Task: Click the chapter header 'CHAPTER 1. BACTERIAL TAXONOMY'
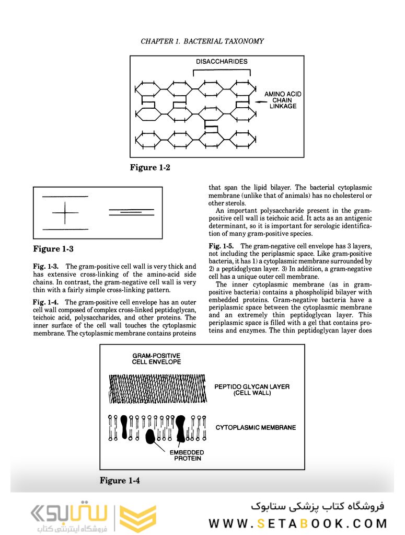[x=202, y=41]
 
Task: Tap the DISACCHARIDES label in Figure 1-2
[x=222, y=62]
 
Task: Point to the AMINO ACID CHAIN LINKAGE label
[x=283, y=100]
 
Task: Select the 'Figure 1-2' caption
[x=150, y=168]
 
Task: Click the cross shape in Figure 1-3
[x=65, y=213]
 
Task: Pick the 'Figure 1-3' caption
[x=53, y=249]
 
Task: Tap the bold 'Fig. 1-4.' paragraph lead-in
[x=47, y=302]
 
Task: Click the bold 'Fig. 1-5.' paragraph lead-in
[x=223, y=246]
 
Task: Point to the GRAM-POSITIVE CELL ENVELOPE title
[x=156, y=358]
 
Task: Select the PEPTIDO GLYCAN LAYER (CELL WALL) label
[x=252, y=390]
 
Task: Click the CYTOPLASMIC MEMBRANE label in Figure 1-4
[x=256, y=427]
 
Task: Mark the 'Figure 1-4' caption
[x=120, y=481]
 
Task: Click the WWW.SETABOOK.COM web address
[x=298, y=523]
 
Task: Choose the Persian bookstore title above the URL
[x=317, y=506]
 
